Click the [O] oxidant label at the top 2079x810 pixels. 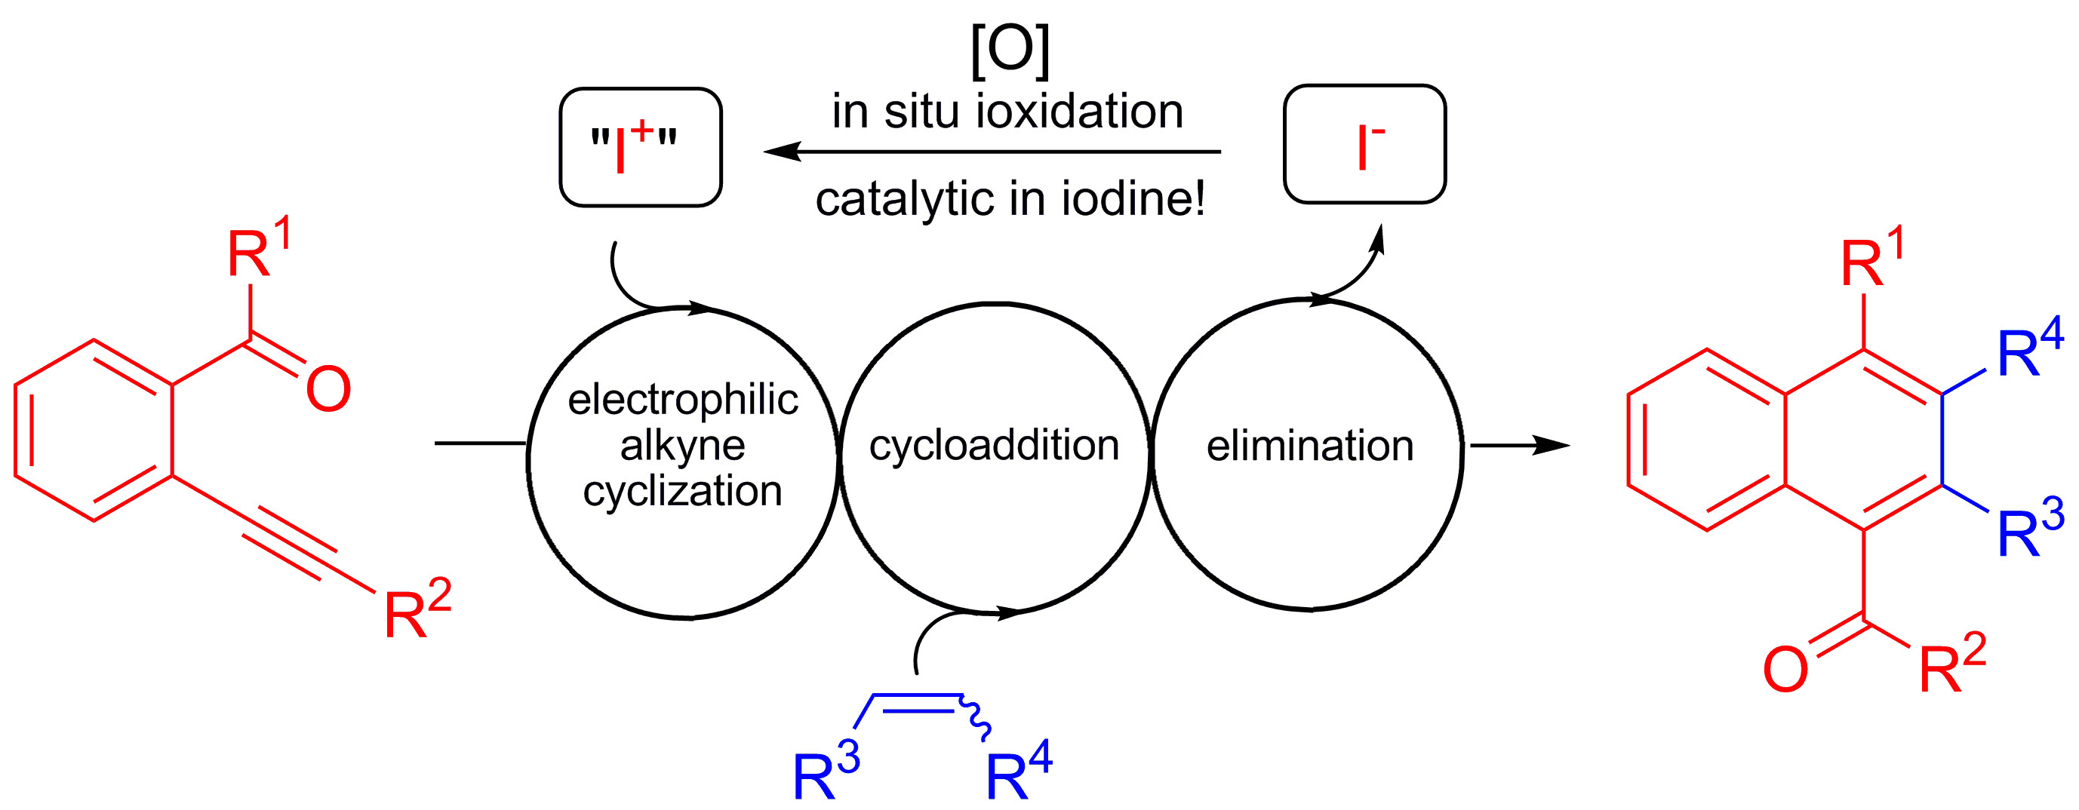pos(1010,50)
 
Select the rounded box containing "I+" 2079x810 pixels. pos(640,147)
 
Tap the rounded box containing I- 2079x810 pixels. pos(1364,144)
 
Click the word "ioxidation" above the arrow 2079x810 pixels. pos(1079,112)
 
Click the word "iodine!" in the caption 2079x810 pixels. pos(1133,198)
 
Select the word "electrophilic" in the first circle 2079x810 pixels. pos(683,400)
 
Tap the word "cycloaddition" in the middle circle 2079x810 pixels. pos(995,445)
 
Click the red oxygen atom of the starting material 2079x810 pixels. pos(328,391)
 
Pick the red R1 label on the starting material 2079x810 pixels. pos(257,250)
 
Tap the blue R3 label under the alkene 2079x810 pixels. pos(826,772)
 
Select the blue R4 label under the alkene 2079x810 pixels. pos(1019,772)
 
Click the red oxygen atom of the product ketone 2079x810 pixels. pos(1785,670)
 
